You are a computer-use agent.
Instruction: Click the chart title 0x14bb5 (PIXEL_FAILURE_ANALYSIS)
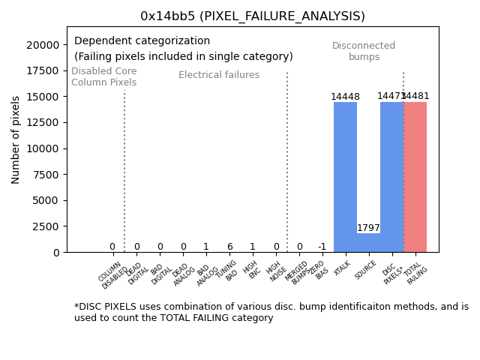[253, 16]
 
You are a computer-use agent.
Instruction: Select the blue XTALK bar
[345, 177]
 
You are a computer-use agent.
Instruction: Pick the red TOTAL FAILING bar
[415, 177]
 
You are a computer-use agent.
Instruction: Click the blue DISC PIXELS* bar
[391, 177]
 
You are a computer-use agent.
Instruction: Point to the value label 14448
[345, 97]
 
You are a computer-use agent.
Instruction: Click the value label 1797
[368, 228]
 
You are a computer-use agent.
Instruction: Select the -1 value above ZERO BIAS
[322, 247]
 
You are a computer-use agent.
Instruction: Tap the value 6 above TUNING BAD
[229, 247]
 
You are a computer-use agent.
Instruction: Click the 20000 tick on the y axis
[43, 45]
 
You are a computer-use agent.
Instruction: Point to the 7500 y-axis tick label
[46, 175]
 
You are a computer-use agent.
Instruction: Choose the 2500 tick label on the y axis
[46, 226]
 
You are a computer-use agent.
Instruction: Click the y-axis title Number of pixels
[16, 139]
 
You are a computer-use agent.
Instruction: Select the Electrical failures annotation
[219, 75]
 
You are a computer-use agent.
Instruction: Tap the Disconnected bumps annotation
[364, 52]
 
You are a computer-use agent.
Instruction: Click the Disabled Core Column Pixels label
[104, 76]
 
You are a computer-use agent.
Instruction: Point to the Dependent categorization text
[142, 41]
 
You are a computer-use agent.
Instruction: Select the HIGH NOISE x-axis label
[275, 271]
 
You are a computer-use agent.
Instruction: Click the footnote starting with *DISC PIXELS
[271, 312]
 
